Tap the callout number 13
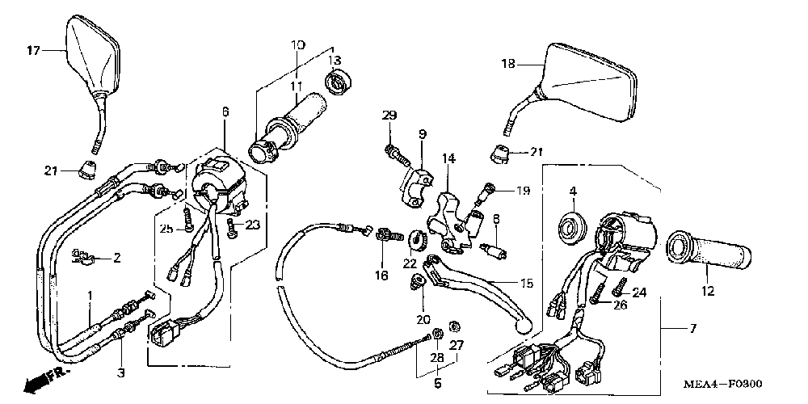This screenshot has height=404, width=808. coord(335,61)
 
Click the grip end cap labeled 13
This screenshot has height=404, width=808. coord(337,81)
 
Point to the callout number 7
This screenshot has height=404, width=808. coord(692,328)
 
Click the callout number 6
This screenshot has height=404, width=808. coord(225,111)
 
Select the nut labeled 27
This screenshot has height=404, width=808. coord(454,326)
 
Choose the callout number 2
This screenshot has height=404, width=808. coord(116,259)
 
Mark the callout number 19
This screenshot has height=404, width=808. coord(523,191)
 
